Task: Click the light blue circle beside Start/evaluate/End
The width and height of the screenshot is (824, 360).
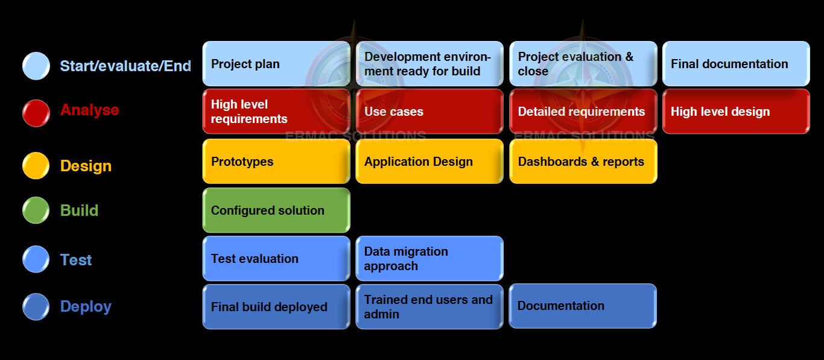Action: pos(36,66)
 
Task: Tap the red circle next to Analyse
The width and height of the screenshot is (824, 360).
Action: pos(36,113)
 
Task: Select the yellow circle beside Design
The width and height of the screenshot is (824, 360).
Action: pos(36,166)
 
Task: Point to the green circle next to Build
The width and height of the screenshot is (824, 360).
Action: pos(36,210)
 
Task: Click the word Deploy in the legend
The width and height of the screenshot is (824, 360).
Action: pos(86,306)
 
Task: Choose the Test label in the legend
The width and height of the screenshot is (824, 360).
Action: pos(76,260)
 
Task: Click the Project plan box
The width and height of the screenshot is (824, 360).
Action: pos(276,64)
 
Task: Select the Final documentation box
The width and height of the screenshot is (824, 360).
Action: pos(736,64)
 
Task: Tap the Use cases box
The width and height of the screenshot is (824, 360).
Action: pos(429,112)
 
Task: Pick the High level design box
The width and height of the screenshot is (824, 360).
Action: pos(736,112)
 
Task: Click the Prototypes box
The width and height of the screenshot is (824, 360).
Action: pos(276,162)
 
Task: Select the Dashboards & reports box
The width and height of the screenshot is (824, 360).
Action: pos(583,162)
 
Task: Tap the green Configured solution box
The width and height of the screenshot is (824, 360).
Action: pos(276,210)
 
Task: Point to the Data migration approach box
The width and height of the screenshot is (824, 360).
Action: pos(429,259)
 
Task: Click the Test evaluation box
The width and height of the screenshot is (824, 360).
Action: pos(276,259)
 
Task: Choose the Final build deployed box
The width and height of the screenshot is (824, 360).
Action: pos(276,307)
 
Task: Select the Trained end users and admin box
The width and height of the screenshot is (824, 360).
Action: pos(429,307)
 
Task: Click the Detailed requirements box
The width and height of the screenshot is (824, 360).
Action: pos(583,112)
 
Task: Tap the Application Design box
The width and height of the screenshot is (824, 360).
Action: pos(429,162)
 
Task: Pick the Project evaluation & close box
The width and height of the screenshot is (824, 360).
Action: pos(583,64)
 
